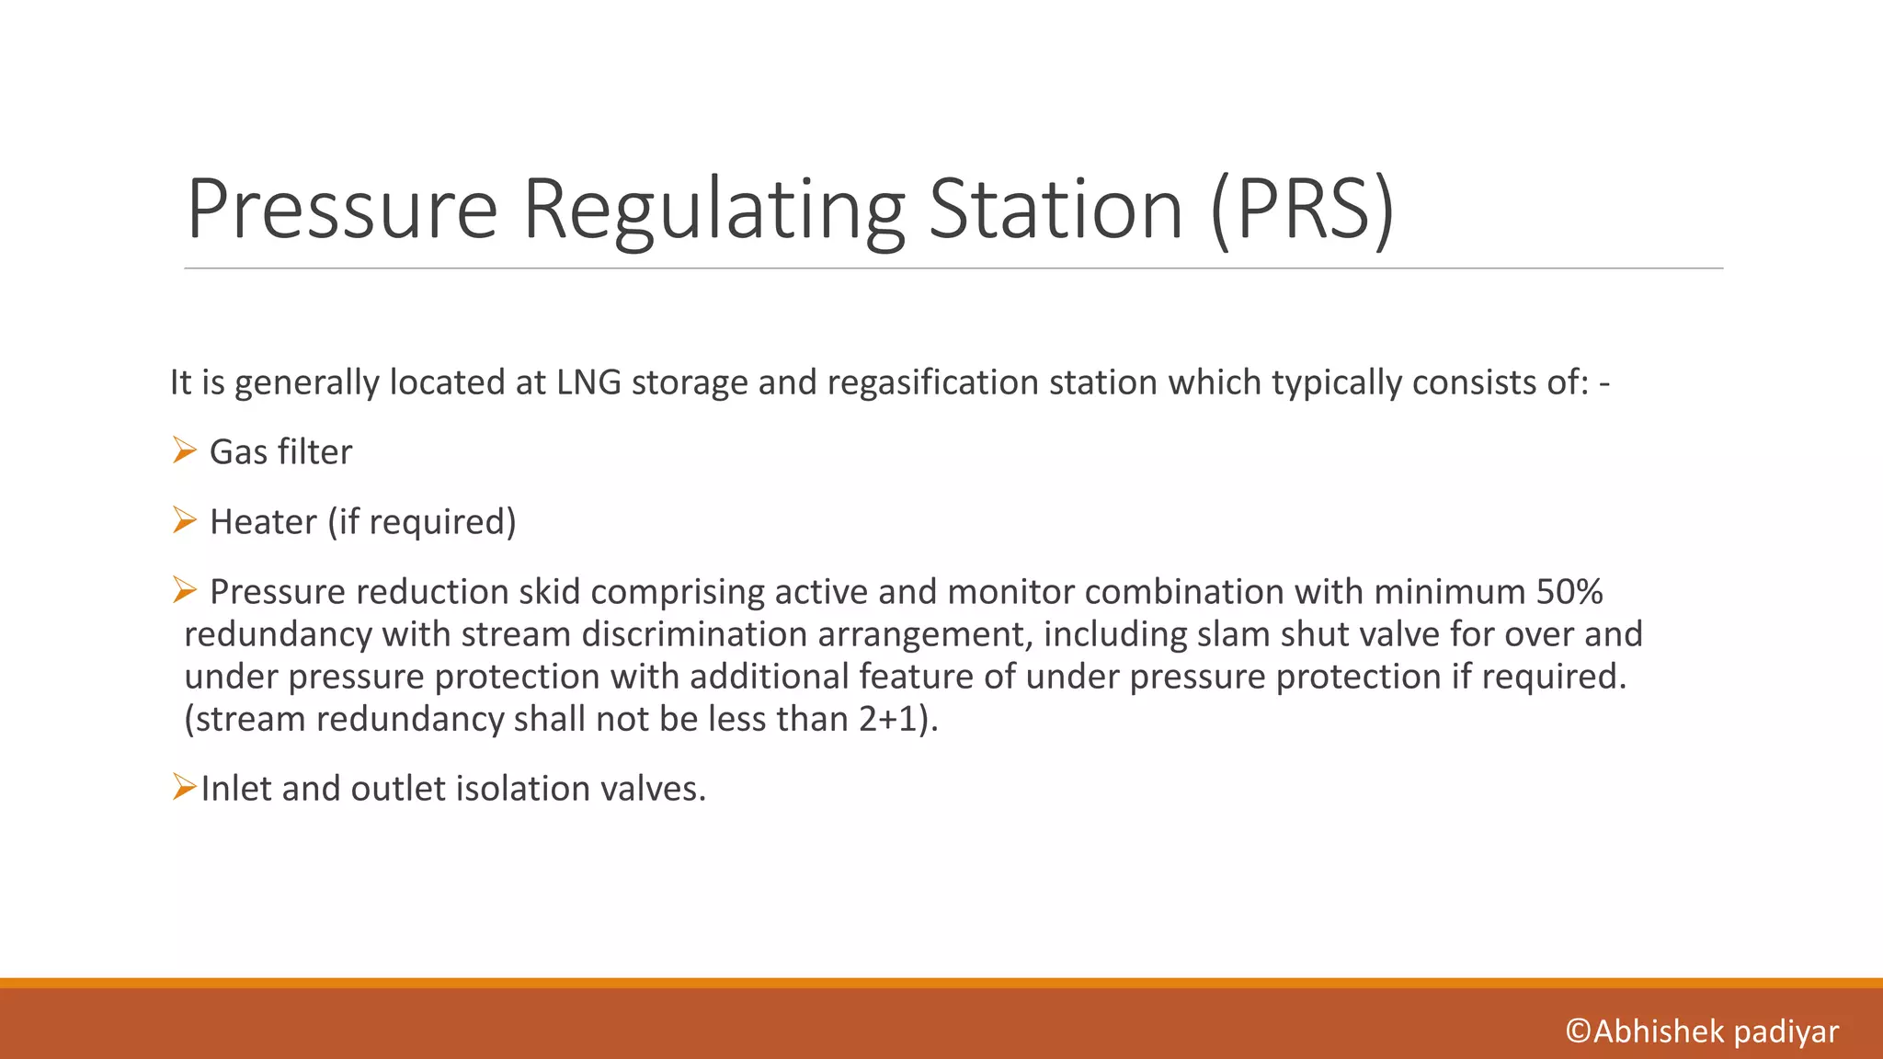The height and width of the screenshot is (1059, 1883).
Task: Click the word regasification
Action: point(932,382)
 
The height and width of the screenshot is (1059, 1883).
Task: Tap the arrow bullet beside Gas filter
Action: point(185,450)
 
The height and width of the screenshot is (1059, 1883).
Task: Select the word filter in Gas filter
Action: point(315,452)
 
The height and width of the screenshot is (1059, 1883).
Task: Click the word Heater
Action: point(263,522)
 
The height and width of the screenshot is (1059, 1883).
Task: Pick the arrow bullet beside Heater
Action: point(185,520)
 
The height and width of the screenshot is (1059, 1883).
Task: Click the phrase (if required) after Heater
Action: point(422,522)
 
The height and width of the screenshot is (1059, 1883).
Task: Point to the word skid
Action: point(549,592)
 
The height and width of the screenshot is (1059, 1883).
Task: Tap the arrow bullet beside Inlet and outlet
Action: point(185,787)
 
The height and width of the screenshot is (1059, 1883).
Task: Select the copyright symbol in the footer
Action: point(1578,1031)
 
